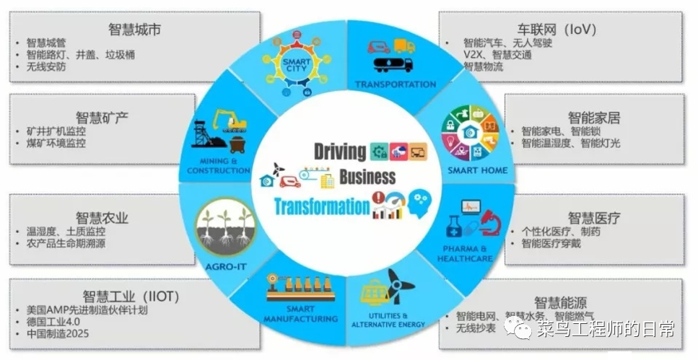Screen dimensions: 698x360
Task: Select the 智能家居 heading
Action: [x=593, y=118]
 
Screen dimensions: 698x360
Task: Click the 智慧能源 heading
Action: [x=560, y=301]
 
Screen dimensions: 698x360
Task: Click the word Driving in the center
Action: [x=340, y=151]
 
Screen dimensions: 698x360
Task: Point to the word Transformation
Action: [x=321, y=206]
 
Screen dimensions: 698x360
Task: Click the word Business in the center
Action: [x=367, y=177]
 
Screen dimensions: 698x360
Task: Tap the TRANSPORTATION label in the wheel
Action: [x=396, y=84]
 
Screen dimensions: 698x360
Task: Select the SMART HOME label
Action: [x=477, y=171]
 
